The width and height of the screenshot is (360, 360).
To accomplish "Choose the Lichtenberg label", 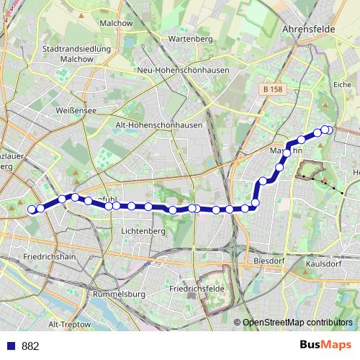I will (143, 230).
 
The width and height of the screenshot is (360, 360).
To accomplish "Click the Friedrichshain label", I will (50, 256).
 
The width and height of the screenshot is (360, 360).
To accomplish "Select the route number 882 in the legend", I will (30, 346).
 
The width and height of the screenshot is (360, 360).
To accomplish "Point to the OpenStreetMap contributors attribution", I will (297, 323).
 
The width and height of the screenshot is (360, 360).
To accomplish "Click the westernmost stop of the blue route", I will (32, 210).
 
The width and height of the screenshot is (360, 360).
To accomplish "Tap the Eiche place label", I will (343, 84).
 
